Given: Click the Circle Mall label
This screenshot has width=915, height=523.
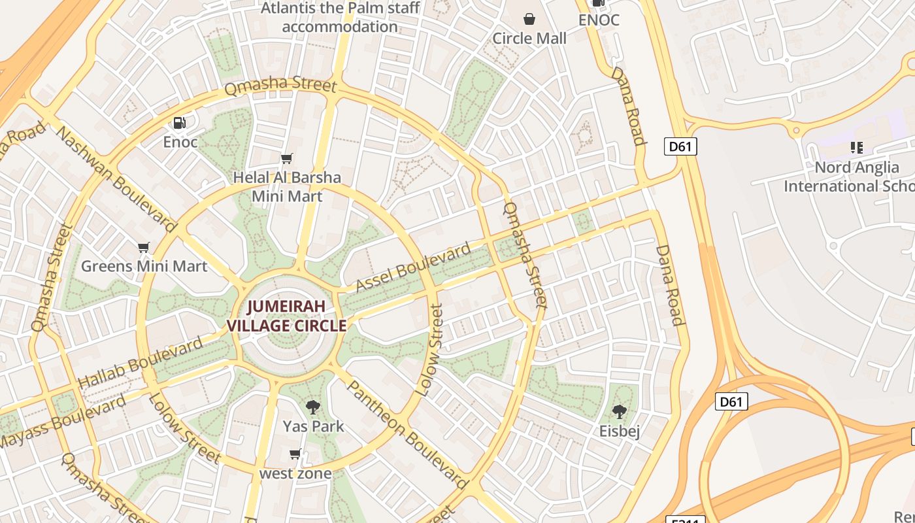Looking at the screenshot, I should (529, 39).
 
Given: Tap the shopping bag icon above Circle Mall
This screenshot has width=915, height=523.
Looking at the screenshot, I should (529, 20).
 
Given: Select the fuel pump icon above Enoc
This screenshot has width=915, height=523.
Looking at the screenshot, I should (179, 123).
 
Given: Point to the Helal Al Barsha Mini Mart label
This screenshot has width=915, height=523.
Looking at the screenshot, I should (287, 187).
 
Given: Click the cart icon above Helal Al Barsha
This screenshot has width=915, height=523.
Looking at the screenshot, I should (286, 159).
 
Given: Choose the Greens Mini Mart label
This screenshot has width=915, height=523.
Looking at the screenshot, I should (144, 267).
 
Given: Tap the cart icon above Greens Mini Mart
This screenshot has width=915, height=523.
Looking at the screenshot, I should (144, 248).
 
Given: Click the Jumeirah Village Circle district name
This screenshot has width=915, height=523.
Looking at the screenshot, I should (286, 316).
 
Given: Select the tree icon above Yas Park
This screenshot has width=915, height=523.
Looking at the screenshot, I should (313, 407).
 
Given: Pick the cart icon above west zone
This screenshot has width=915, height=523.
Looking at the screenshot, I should (295, 454).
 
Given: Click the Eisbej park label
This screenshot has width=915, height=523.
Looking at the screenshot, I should (619, 431).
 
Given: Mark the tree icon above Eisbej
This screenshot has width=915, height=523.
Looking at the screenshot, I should (619, 412).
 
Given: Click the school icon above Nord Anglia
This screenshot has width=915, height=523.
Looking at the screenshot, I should (856, 148).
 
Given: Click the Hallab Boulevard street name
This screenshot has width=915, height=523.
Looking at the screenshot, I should (141, 363).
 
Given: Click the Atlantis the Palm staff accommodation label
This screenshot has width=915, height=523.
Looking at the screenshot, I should (340, 18).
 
